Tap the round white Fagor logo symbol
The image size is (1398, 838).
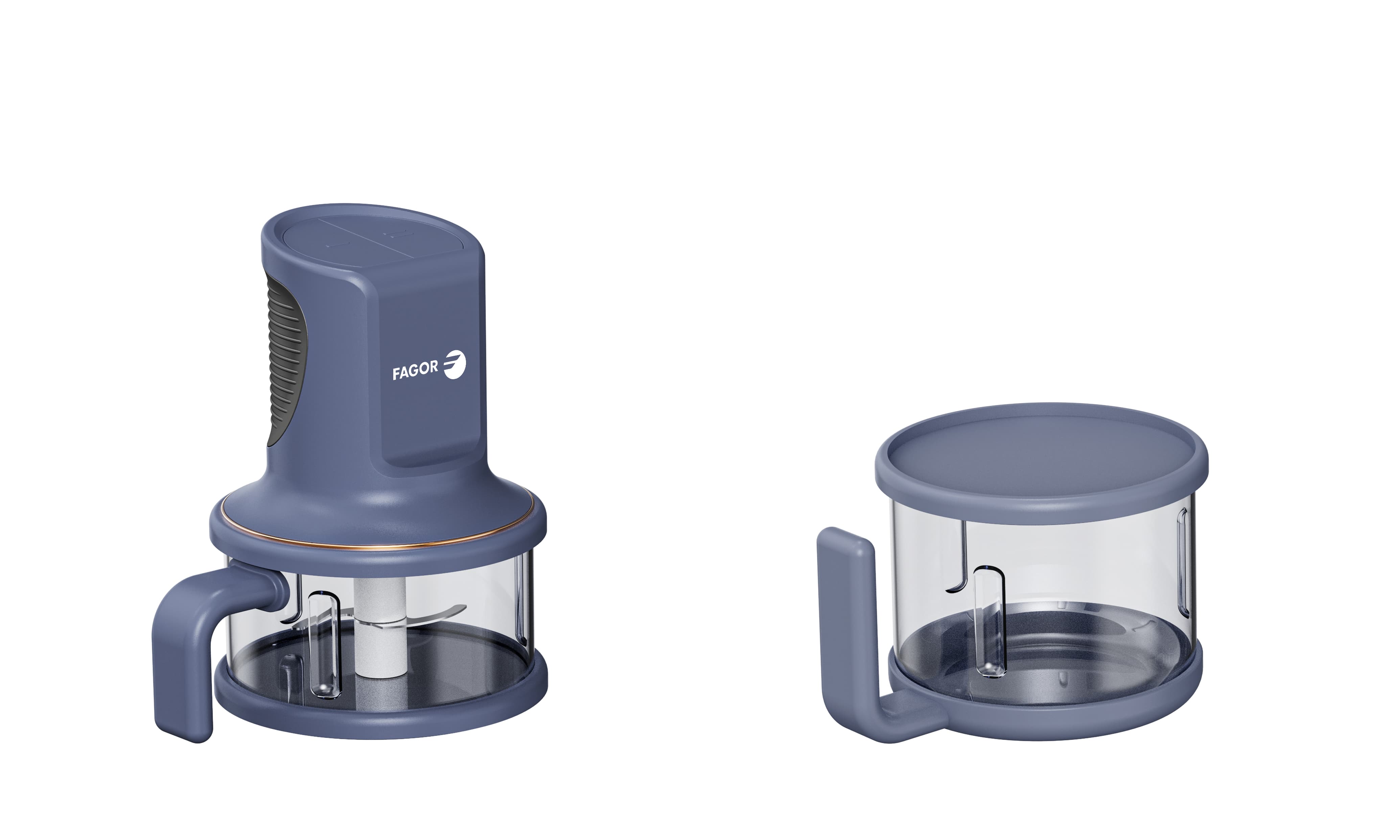pyautogui.click(x=454, y=364)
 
